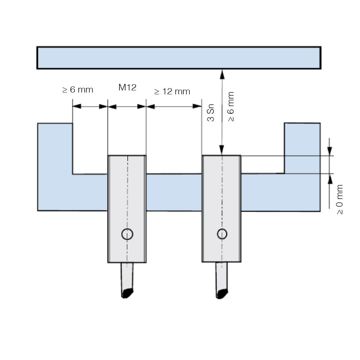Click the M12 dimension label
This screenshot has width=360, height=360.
coord(127,87)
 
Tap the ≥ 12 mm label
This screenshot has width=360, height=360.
coord(172,91)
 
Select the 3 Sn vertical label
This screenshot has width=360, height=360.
coord(211,113)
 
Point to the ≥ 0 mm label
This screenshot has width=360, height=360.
coord(340,199)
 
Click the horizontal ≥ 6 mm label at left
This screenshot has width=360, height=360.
coord(78,90)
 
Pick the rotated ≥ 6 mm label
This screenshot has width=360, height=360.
coord(231,107)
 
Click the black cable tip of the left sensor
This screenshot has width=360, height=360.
coord(127,293)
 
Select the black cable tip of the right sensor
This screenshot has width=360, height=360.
coord(222,294)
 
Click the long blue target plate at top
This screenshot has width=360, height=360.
coord(179,58)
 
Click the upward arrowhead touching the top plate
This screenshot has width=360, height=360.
coord(222,75)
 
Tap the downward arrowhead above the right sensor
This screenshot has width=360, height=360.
coord(222,150)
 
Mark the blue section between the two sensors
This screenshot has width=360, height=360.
coord(174,192)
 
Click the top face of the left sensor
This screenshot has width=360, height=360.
coord(127,156)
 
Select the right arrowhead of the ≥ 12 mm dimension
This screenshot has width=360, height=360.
coord(197,106)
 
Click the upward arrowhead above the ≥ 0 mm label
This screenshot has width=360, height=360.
coord(330,179)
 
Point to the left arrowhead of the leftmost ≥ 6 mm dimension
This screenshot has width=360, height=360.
coord(77,106)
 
